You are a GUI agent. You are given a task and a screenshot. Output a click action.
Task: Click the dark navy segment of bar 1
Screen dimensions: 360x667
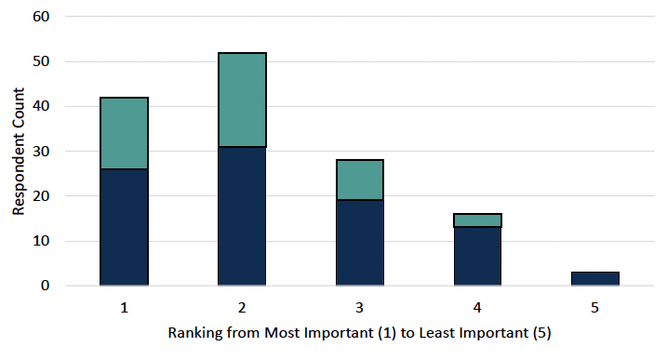[124, 227]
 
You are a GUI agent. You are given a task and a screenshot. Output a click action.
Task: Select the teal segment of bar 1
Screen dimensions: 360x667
[124, 133]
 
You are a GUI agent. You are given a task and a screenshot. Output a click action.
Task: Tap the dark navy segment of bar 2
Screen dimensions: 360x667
[242, 216]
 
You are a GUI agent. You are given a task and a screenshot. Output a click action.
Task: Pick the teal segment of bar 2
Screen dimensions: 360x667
[242, 100]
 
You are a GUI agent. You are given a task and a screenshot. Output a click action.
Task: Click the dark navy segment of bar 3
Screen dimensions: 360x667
[360, 243]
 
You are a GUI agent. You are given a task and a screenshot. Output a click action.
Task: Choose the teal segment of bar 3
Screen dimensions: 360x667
[360, 180]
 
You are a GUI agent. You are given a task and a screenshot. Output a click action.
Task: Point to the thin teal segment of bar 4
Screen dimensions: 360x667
[478, 220]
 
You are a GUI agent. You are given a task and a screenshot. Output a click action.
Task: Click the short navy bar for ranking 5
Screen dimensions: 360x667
[595, 279]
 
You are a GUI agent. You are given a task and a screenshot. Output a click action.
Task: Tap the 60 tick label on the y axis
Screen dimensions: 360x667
[41, 18]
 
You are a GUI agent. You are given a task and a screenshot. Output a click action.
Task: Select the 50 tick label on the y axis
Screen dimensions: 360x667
[41, 62]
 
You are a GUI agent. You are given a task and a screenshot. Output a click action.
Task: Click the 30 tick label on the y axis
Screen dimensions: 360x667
[41, 152]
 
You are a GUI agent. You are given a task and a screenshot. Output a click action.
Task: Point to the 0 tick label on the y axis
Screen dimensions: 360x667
[45, 286]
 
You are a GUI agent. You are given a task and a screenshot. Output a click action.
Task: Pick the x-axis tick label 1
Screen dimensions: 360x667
[124, 306]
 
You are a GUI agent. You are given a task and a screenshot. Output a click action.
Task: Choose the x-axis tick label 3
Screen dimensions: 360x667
[360, 306]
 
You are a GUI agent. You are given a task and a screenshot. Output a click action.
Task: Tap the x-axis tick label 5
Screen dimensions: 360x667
[595, 306]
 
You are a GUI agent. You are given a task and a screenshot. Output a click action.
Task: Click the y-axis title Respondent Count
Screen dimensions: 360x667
[18, 151]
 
